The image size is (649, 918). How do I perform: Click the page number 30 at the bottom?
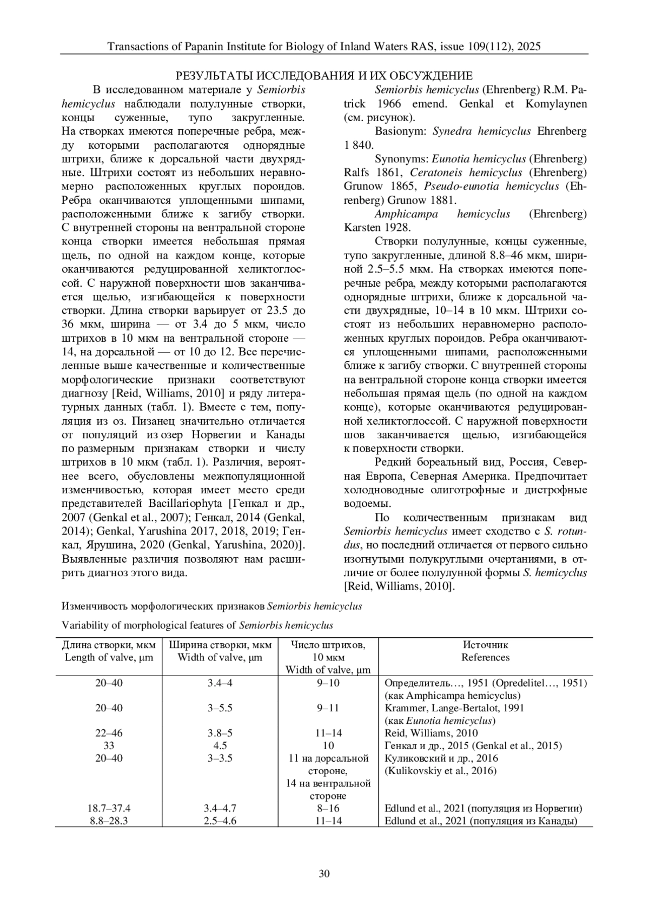[x=325, y=874]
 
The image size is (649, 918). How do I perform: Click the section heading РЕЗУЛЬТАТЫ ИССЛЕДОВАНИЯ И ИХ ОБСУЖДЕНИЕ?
[x=325, y=76]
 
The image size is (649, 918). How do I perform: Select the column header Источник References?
[x=485, y=651]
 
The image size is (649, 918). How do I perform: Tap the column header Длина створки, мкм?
[x=109, y=645]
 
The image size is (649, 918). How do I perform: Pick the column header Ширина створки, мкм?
[x=220, y=645]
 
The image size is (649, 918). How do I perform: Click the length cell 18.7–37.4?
[x=109, y=809]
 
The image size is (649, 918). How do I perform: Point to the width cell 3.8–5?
[x=220, y=734]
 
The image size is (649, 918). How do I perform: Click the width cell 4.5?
[x=220, y=746]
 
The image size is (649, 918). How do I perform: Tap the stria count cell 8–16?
[x=328, y=809]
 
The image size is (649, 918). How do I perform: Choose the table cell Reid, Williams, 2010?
[x=431, y=734]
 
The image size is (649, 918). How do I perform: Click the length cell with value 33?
[x=109, y=746]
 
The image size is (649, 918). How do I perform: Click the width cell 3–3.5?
[x=220, y=758]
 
